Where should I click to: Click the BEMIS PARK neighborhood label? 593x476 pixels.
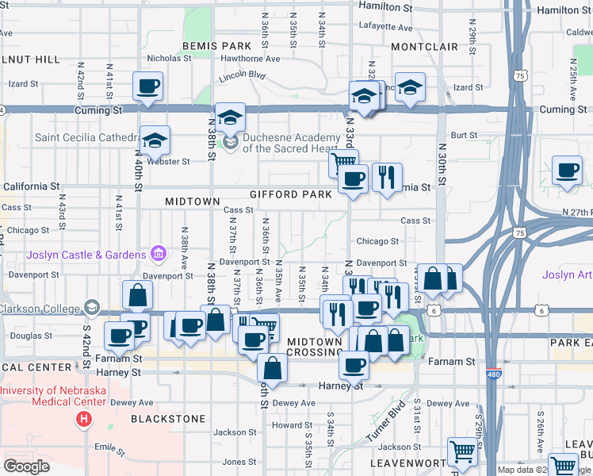click(216, 47)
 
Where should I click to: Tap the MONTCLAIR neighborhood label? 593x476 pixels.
click(424, 47)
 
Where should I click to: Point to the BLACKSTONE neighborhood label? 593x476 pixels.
click(168, 418)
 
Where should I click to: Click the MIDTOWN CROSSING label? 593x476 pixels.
click(315, 346)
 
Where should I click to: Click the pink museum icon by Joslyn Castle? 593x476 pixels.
click(159, 254)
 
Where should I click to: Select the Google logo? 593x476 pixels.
click(26, 466)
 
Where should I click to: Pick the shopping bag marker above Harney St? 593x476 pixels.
click(272, 368)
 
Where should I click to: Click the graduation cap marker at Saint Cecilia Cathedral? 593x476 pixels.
click(155, 140)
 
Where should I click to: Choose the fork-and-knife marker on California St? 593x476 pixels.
click(386, 178)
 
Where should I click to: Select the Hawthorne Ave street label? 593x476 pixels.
click(251, 59)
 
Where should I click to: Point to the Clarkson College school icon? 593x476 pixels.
click(93, 309)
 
